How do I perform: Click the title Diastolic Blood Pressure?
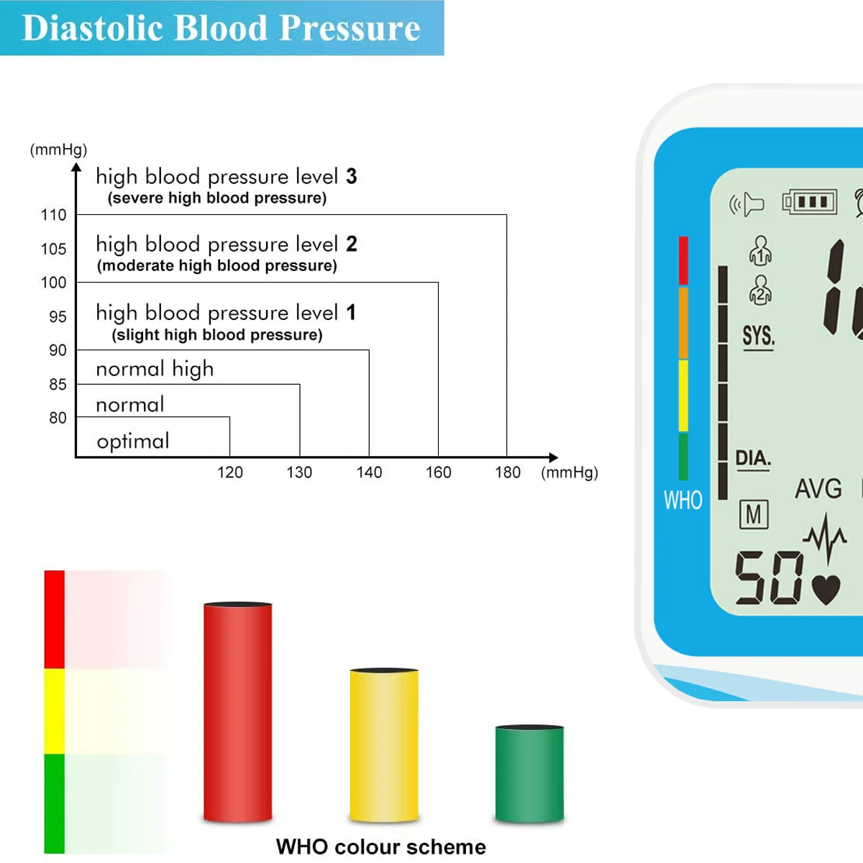tap(221, 28)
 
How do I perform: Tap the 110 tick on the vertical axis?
tap(53, 215)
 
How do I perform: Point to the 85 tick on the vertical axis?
tap(58, 385)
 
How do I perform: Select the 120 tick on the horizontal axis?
tap(230, 472)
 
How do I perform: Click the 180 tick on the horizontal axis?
tap(508, 472)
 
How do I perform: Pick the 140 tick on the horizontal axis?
tap(369, 472)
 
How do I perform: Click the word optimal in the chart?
tap(133, 441)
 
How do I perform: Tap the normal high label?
tap(155, 369)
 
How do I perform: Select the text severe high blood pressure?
tap(217, 198)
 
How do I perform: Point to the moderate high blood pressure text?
tap(217, 266)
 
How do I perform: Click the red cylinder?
tap(238, 712)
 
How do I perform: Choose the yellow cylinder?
tap(384, 744)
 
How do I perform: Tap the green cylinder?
tap(529, 773)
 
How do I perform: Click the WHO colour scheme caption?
tap(380, 846)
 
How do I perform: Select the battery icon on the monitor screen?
tap(810, 202)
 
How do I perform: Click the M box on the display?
tap(754, 514)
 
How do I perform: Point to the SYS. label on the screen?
tap(758, 336)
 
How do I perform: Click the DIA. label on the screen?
tap(753, 458)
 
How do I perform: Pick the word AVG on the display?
tap(818, 489)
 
